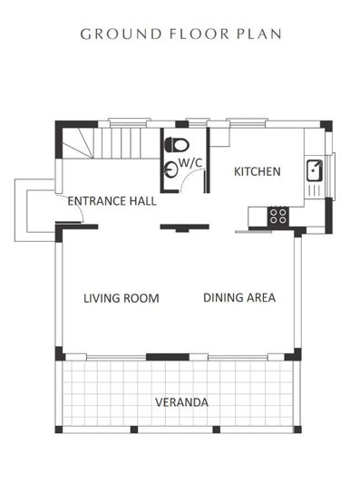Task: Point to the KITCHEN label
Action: (x=257, y=171)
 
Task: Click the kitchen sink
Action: (x=313, y=169)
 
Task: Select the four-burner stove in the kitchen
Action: (x=278, y=216)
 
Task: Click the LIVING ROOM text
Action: (x=122, y=297)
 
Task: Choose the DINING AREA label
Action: (x=239, y=297)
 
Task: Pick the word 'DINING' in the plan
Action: (x=221, y=297)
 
